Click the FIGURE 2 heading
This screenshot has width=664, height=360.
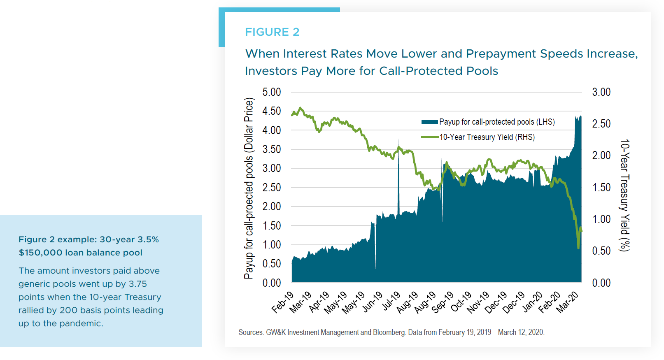(272, 32)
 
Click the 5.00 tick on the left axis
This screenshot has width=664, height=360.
(271, 92)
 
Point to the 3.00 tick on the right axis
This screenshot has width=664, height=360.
(601, 92)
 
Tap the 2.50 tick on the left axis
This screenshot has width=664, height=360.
(271, 188)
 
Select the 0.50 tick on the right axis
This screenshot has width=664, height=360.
(601, 251)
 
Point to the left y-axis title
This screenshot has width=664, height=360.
(249, 188)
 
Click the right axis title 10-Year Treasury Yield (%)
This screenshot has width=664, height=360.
(625, 195)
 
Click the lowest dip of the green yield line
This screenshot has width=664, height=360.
(578, 248)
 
